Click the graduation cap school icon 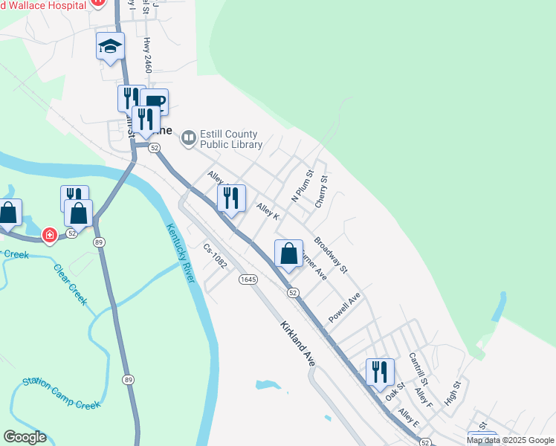[x=110, y=48]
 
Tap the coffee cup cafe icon [x=155, y=102]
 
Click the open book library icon [x=189, y=138]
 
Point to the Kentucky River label [x=180, y=253]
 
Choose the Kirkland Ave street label [x=298, y=343]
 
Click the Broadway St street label [x=331, y=255]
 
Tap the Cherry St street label [x=320, y=192]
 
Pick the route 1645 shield [x=248, y=279]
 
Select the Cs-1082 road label [x=215, y=256]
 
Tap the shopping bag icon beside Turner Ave [x=289, y=253]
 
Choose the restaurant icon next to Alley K [x=231, y=198]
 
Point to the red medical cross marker [x=49, y=236]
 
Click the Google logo [x=25, y=437]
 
